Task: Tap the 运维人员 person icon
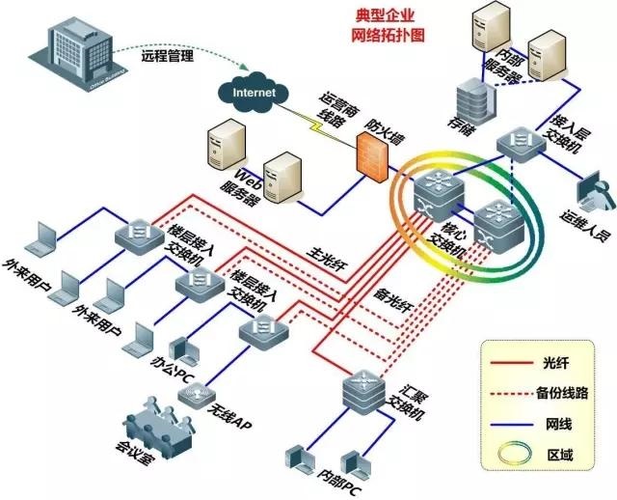pyautogui.click(x=592, y=193)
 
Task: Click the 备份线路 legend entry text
pyautogui.click(x=562, y=393)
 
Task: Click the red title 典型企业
pyautogui.click(x=389, y=17)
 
